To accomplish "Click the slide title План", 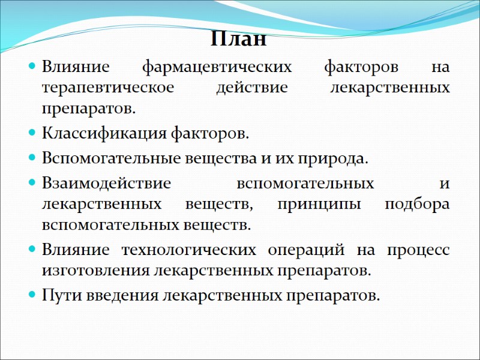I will click(x=239, y=41).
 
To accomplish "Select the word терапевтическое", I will click(x=107, y=88).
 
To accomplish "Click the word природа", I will click(x=337, y=159).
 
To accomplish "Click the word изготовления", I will click(x=95, y=271).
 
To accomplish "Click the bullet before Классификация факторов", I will click(x=32, y=133).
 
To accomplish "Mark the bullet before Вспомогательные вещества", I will click(x=32, y=159).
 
